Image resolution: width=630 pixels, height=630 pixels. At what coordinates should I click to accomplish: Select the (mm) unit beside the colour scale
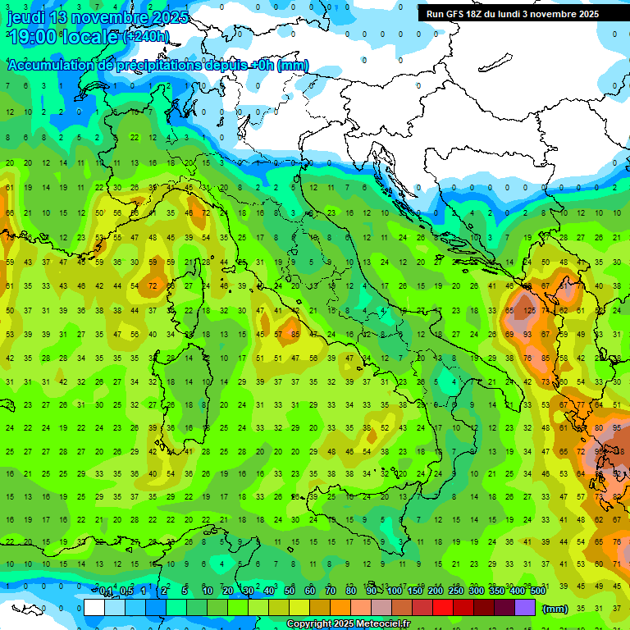coord(555,609)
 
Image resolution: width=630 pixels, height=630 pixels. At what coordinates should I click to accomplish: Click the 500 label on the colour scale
coord(538,591)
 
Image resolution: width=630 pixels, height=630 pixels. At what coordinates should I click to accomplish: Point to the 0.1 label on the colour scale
coord(106,591)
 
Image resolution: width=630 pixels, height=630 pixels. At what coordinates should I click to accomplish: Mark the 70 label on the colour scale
coord(331,591)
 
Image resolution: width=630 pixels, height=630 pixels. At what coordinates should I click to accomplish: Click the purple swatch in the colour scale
coord(525,608)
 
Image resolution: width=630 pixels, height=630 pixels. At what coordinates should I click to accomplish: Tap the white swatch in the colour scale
coord(94,608)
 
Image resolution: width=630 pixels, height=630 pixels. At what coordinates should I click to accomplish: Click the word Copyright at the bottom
coord(309,624)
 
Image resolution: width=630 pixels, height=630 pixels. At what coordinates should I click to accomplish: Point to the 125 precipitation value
coord(531,311)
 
